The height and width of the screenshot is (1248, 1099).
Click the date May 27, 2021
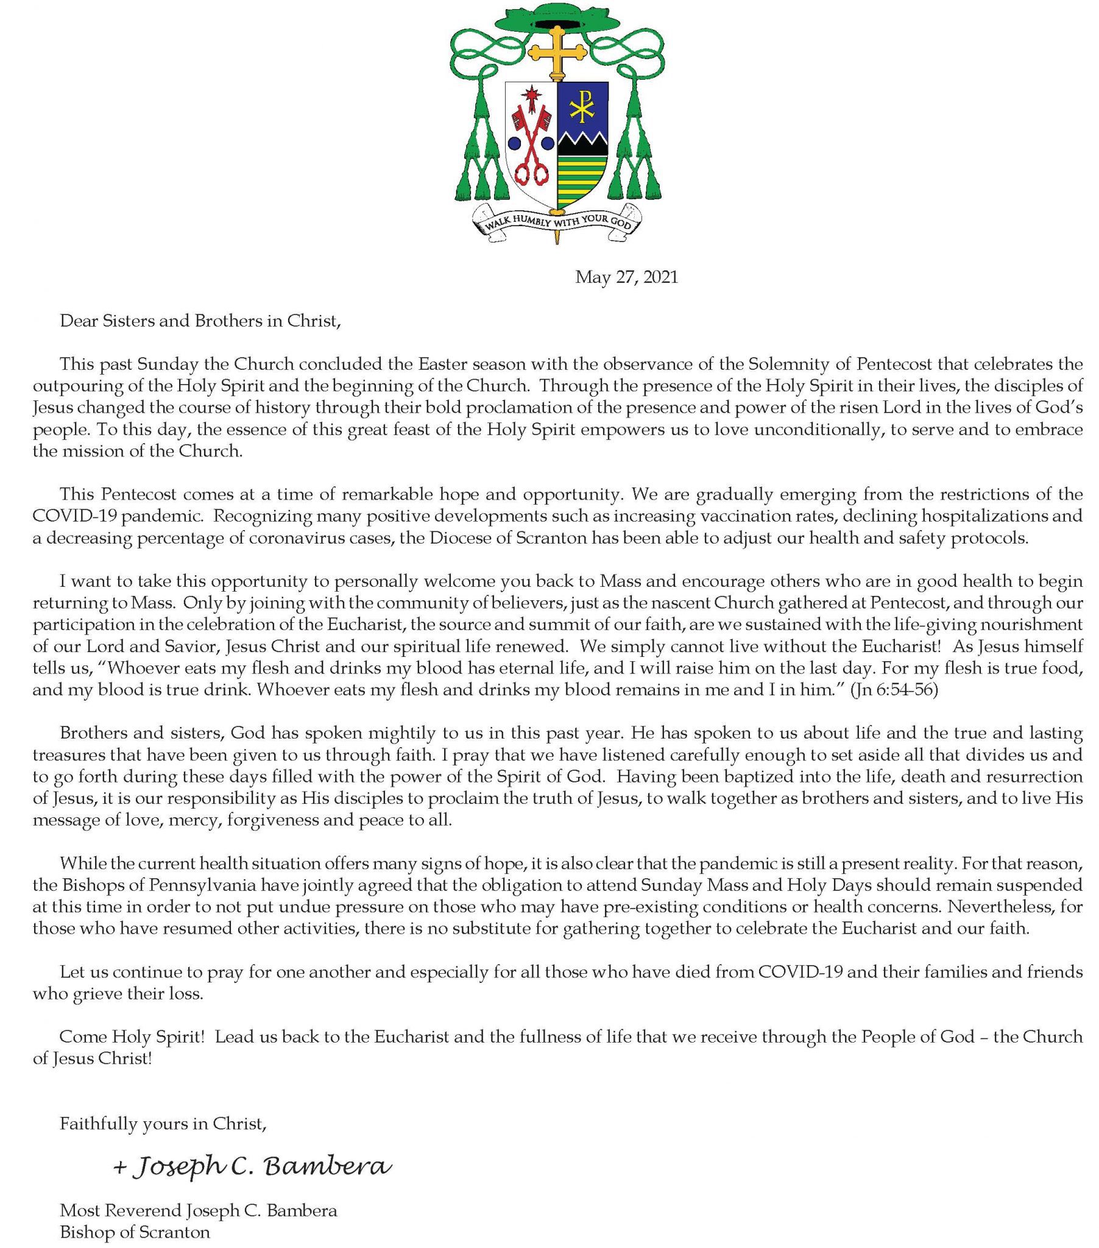[626, 278]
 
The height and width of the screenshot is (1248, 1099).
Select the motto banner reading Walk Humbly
[557, 221]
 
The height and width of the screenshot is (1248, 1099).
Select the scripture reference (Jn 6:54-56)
[894, 690]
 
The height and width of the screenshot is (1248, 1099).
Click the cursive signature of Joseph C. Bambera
[252, 1166]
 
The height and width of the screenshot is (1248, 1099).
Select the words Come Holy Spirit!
[131, 1036]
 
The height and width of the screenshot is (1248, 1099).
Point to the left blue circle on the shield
[514, 143]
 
